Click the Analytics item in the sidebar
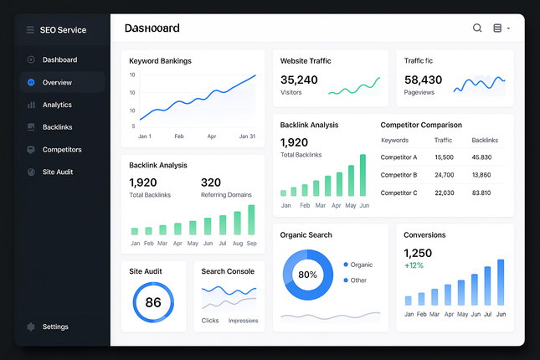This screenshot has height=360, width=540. click(57, 105)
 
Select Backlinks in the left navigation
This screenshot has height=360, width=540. click(57, 127)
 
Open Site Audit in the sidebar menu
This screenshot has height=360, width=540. click(58, 172)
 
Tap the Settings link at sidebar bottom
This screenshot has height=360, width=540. click(55, 327)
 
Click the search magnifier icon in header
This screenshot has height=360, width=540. click(477, 28)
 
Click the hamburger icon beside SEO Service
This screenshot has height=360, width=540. click(30, 30)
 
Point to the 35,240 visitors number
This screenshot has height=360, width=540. click(299, 80)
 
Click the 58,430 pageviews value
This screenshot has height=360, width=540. click(423, 80)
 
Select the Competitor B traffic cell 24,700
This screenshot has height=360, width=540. click(444, 175)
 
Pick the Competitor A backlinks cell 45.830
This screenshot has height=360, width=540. click(481, 157)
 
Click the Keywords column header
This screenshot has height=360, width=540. click(394, 141)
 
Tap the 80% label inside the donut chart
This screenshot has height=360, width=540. click(307, 275)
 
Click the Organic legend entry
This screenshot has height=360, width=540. click(361, 265)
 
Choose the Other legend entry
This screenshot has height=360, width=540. click(358, 280)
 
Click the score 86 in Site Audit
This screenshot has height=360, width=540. click(153, 302)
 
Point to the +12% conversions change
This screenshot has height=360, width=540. click(414, 265)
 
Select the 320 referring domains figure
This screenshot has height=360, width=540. click(211, 183)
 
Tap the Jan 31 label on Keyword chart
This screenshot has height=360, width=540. click(246, 136)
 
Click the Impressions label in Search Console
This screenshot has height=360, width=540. click(244, 321)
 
